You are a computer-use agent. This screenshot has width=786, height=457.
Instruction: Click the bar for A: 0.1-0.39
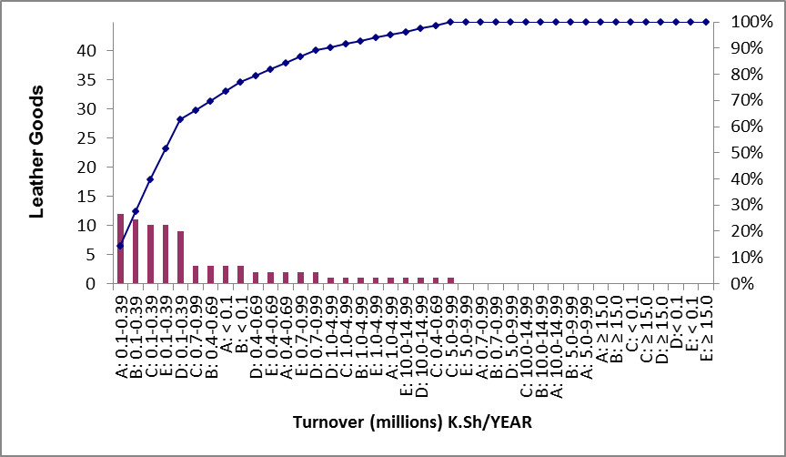pos(120,249)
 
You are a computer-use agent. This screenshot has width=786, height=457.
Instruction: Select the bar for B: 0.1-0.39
pos(136,251)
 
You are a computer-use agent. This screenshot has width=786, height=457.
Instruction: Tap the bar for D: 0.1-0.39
pos(180,258)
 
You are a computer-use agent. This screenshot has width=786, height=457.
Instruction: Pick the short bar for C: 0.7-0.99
pos(196,275)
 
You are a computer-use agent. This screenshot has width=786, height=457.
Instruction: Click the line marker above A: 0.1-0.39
pos(120,246)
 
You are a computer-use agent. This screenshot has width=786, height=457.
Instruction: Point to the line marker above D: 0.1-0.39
pos(180,119)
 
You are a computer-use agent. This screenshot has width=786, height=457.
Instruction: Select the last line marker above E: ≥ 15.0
pos(705,22)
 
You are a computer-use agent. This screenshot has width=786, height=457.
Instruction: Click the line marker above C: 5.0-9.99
pos(450,22)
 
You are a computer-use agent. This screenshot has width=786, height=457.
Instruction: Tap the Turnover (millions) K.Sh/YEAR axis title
pos(412,422)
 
